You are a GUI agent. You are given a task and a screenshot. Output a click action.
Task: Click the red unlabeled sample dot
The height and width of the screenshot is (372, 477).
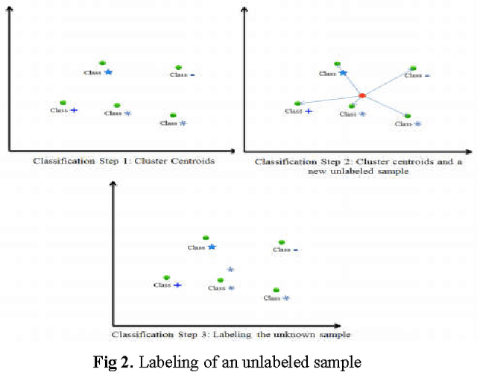pos(361,95)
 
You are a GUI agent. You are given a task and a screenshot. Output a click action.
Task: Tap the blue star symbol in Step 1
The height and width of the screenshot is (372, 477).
pos(108,72)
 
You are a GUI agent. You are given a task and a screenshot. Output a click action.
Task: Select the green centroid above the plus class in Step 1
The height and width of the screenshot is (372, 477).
pos(63,102)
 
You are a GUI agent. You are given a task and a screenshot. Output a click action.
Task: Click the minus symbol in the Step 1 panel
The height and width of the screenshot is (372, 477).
pos(192,75)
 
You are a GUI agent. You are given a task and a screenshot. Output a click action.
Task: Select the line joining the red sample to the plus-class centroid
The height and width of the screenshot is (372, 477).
pos(329,99)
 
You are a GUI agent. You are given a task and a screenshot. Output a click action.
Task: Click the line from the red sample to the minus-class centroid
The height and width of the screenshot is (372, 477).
pos(388,81)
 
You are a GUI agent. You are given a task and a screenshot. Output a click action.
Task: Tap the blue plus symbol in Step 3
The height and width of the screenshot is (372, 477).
pos(177,285)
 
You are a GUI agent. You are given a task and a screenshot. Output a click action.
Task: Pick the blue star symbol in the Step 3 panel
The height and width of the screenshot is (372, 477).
pos(212,247)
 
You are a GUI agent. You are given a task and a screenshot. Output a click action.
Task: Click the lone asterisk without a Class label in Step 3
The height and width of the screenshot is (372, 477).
pos(230,269)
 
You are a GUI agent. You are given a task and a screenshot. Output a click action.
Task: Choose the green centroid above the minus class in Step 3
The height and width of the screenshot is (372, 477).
pos(281,242)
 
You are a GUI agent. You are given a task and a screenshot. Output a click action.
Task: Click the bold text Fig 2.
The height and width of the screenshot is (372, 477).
pos(112,363)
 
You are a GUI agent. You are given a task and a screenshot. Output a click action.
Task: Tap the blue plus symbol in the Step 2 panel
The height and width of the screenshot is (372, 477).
pos(308,111)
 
